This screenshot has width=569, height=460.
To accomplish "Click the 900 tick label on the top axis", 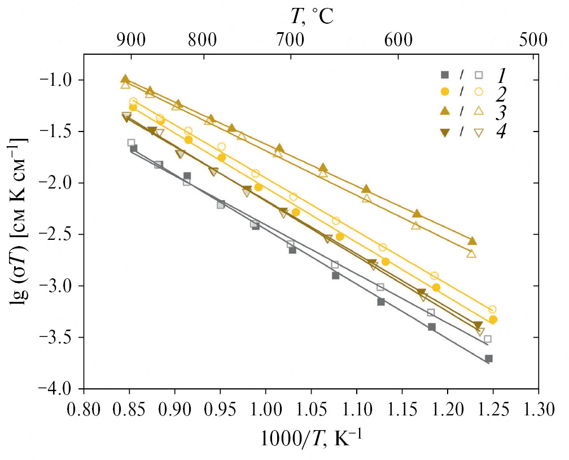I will (x=130, y=40).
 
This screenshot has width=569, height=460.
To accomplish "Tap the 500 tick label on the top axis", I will (x=532, y=40).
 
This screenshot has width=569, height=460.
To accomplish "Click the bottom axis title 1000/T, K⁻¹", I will (x=312, y=439).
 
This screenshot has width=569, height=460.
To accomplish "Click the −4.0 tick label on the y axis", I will (x=60, y=389).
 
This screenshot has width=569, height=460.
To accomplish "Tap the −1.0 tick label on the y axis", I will (x=60, y=80).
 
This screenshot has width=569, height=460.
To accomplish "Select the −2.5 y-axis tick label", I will (x=60, y=234).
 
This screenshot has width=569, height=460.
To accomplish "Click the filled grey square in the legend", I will (x=445, y=75).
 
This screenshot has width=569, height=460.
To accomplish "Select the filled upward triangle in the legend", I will (x=445, y=111).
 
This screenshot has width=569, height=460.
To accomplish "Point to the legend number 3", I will (x=501, y=112).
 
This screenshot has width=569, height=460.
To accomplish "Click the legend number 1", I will (x=501, y=74).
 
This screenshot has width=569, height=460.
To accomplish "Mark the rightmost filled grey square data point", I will (x=489, y=358).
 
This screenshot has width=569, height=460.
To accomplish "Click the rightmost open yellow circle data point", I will (x=492, y=309).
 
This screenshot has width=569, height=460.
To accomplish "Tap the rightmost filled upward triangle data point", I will (x=472, y=241).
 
